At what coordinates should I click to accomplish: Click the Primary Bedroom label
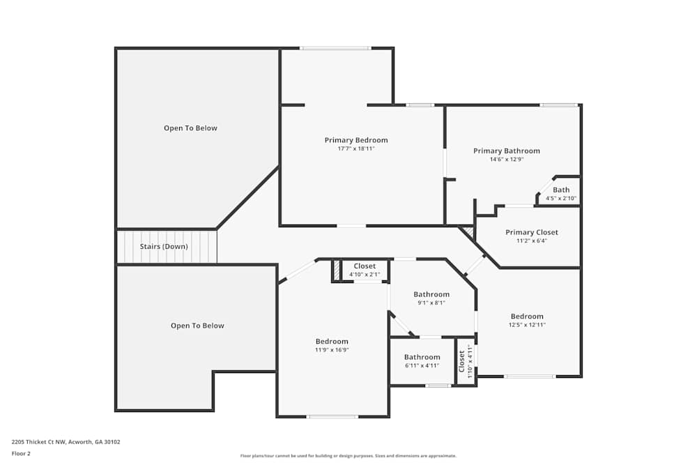[x=355, y=140]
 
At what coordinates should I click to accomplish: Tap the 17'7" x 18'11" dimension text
[x=355, y=148]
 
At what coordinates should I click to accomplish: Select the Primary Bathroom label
[x=506, y=151]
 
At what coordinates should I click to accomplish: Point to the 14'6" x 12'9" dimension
[x=506, y=159]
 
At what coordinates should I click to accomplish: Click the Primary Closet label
[x=531, y=232]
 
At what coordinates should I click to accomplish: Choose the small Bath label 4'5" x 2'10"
[x=561, y=190]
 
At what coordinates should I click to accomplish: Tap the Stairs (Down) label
[x=164, y=247]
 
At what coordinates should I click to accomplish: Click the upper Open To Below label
[x=190, y=128]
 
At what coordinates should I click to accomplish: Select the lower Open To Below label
[x=197, y=326]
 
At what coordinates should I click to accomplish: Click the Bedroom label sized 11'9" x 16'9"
[x=332, y=341]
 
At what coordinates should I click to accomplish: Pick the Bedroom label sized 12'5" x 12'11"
[x=526, y=317]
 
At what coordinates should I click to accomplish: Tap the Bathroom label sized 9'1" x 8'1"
[x=431, y=294]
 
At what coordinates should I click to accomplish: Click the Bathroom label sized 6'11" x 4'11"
[x=422, y=357]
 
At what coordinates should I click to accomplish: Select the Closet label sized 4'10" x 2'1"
[x=365, y=266]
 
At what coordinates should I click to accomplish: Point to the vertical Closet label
[x=461, y=362]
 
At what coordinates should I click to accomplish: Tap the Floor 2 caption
[x=21, y=453]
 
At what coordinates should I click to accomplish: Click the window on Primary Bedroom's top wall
[x=335, y=48]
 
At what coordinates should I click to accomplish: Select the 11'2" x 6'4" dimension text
[x=531, y=241]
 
